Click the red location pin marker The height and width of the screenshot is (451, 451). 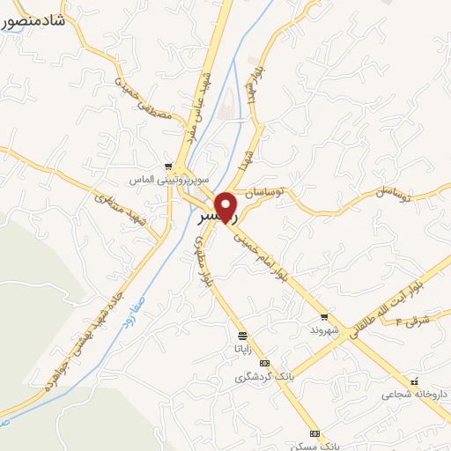pyautogui.click(x=227, y=207)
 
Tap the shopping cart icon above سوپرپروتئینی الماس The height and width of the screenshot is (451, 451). pyautogui.click(x=168, y=166)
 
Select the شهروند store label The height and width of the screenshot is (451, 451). pyautogui.click(x=324, y=329)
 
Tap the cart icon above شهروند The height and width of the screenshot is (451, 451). pyautogui.click(x=324, y=317)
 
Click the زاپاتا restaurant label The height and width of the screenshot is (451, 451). pyautogui.click(x=242, y=348)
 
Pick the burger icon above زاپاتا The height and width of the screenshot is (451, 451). pyautogui.click(x=242, y=336)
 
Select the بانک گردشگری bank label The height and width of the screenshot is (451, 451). pyautogui.click(x=256, y=377)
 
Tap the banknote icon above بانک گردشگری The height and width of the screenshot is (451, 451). pyautogui.click(x=263, y=364)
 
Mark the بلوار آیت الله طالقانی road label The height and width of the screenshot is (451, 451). pyautogui.click(x=388, y=304)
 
